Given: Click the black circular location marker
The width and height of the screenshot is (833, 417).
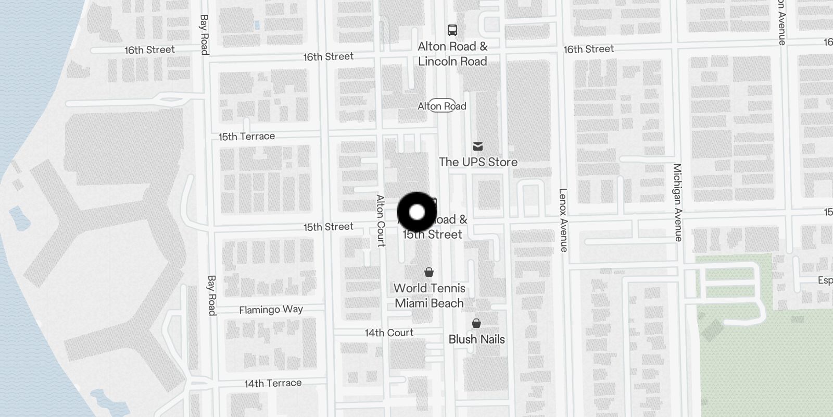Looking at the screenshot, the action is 416,212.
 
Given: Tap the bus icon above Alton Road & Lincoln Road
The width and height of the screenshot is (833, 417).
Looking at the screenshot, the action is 452,30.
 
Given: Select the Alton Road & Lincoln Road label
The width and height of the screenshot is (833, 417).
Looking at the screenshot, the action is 452,54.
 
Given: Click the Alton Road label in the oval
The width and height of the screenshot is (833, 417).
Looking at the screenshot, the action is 442,106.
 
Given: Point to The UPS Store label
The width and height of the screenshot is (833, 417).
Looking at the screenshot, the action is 478,162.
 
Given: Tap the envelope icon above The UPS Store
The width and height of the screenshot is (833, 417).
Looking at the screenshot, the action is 478,146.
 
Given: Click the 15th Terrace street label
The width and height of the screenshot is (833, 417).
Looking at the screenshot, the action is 246,137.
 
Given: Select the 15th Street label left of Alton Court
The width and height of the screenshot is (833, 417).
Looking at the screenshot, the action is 328,227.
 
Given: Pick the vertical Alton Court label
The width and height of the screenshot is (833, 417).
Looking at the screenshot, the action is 381,220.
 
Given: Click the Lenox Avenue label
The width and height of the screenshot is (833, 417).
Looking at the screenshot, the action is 563,220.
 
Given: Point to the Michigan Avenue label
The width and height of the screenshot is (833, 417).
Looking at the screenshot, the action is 677,202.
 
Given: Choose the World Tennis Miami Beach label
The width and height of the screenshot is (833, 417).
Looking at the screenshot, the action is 429,296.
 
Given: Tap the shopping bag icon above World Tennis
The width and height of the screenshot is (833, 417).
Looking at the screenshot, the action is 429,272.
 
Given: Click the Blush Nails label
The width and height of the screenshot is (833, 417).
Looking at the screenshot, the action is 476,339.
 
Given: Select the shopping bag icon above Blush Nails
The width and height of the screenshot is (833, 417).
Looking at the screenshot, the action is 476,323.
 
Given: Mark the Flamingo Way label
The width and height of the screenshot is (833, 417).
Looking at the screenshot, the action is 271,310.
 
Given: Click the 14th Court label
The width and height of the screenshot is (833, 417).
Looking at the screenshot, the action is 389,333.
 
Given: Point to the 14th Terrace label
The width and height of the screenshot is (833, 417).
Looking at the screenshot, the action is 273,383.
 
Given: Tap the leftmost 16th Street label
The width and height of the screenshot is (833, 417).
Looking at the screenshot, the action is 149,50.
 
